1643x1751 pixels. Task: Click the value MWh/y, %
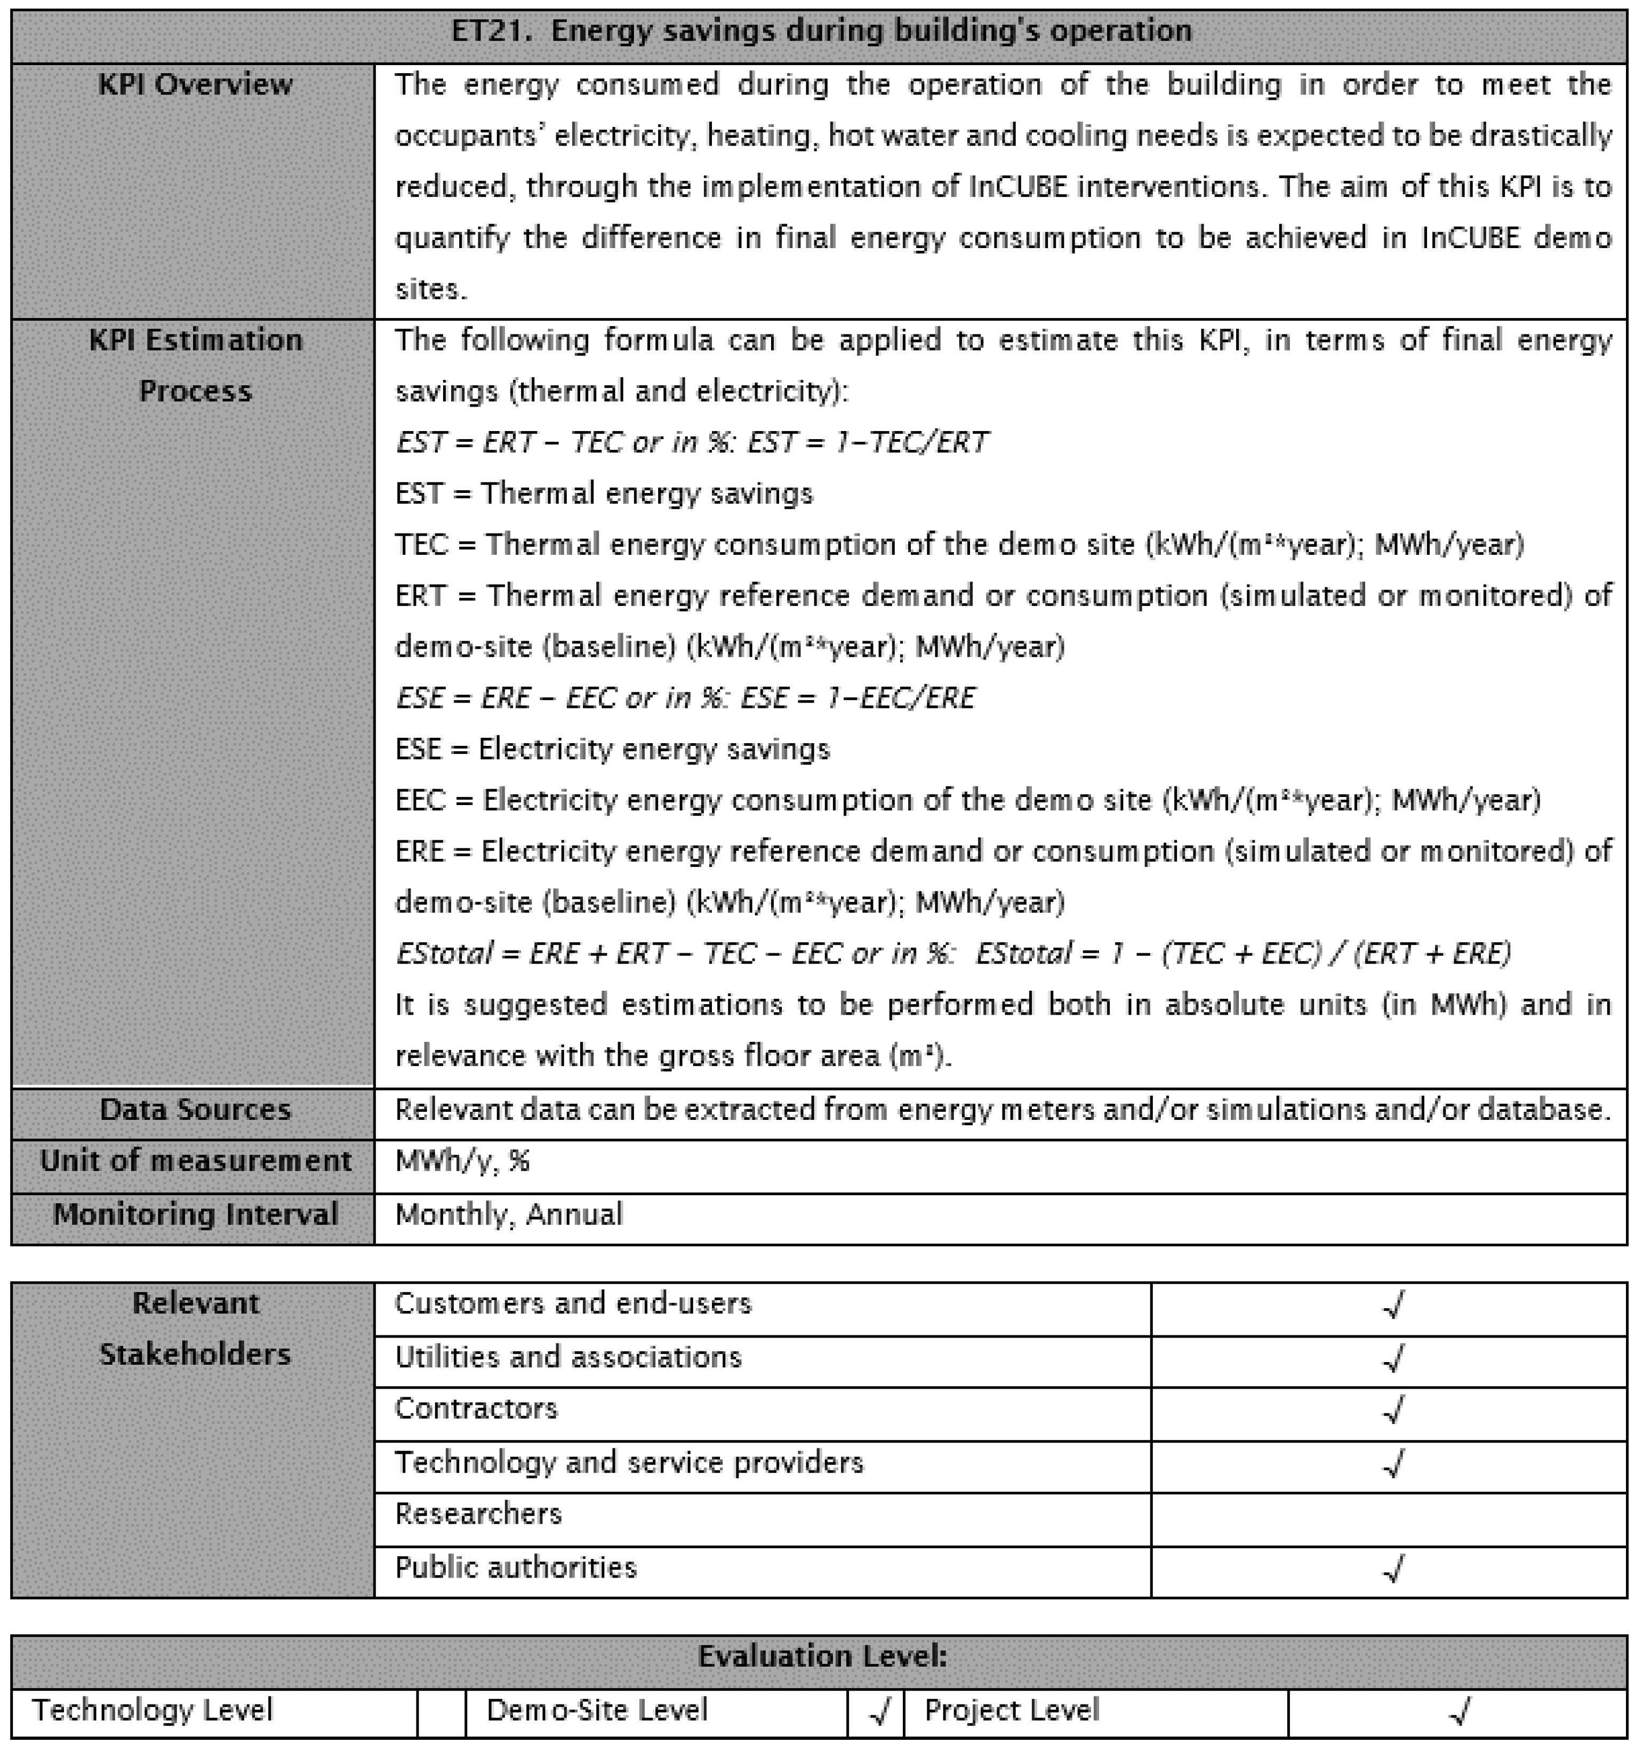pyautogui.click(x=462, y=1162)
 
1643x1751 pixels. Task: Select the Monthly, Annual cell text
pyautogui.click(x=508, y=1215)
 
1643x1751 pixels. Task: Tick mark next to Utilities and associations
pyautogui.click(x=1393, y=1358)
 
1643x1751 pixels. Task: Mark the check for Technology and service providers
pyautogui.click(x=1393, y=1464)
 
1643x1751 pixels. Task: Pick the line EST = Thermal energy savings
pyautogui.click(x=604, y=494)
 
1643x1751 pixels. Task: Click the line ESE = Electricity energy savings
pyautogui.click(x=612, y=750)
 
